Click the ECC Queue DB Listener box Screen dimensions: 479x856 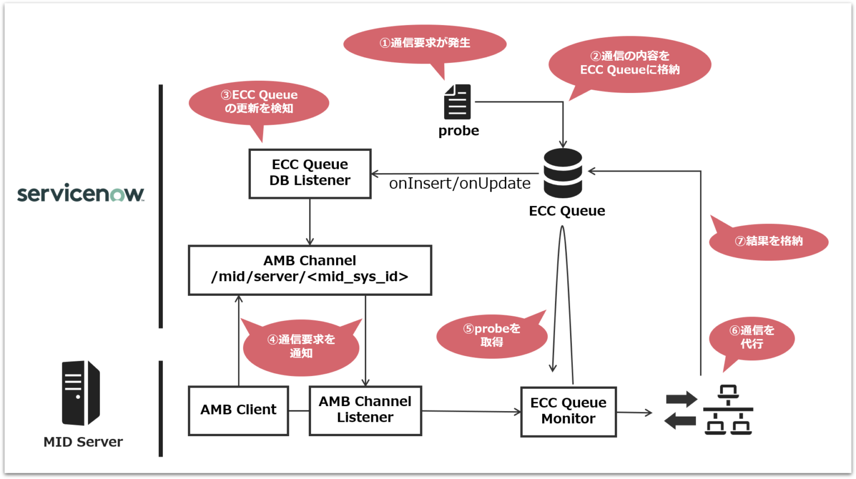tap(310, 173)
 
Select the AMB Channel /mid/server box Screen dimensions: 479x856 tap(310, 270)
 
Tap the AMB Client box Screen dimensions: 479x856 tap(239, 410)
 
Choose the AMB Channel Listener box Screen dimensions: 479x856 tap(365, 410)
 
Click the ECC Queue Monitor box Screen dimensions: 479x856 tap(568, 412)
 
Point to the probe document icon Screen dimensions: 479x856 tap(458, 102)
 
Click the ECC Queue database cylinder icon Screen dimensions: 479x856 tap(563, 173)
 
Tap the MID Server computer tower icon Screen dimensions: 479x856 tap(80, 393)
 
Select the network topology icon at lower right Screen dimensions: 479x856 tap(728, 410)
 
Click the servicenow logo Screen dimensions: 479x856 tap(81, 193)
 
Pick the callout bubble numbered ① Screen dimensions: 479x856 tap(425, 43)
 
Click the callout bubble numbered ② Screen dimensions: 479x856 tap(630, 63)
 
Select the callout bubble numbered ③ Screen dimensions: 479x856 tap(259, 102)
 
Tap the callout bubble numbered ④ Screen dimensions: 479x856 tap(301, 346)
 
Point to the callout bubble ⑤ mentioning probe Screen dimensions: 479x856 tap(492, 335)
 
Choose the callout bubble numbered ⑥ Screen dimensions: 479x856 tap(751, 338)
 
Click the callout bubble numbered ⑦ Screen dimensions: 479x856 tap(769, 242)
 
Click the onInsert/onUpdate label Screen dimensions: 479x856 tap(459, 184)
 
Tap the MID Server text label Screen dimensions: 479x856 tap(83, 442)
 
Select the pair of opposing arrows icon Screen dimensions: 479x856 tap(681, 410)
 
